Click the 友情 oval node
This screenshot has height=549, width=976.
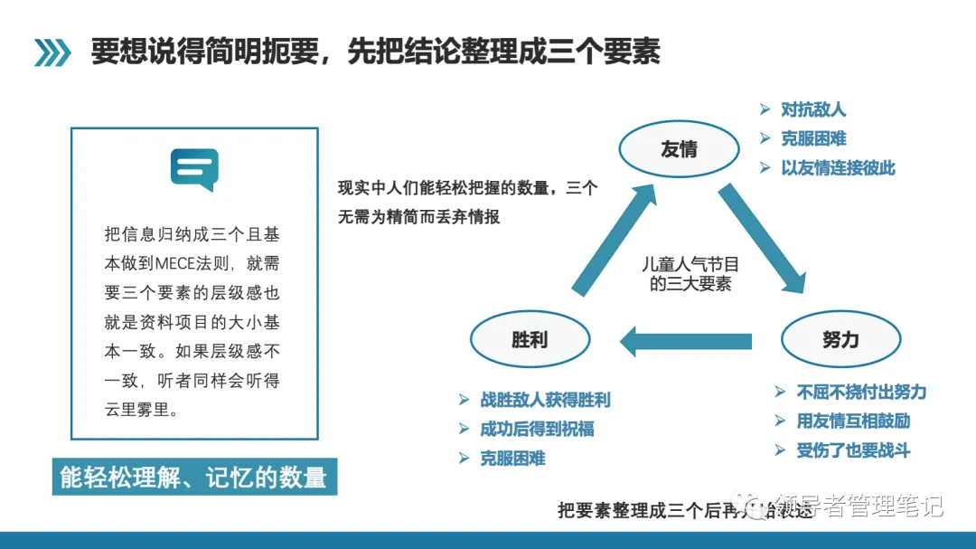(678, 149)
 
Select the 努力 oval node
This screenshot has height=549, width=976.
(840, 340)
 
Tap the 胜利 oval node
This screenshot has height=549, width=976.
(530, 340)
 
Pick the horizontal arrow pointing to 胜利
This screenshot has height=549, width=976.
(685, 341)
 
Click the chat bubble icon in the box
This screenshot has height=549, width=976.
(194, 169)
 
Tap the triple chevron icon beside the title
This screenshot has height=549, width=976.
(52, 52)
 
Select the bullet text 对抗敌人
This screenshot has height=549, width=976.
(813, 110)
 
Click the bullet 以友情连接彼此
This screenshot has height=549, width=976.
(838, 168)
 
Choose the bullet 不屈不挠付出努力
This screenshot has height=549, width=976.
(861, 393)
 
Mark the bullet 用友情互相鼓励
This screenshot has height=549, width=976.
(853, 421)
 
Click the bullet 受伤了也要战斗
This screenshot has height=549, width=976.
(853, 450)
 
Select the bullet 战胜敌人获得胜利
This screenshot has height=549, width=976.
(545, 400)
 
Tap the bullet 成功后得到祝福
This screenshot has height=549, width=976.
(537, 429)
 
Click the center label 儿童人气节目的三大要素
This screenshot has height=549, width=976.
(690, 274)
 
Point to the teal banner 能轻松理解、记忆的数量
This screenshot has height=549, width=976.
(193, 477)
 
